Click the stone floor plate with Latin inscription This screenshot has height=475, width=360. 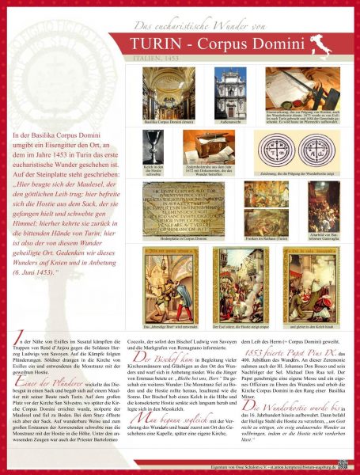(183, 207)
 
